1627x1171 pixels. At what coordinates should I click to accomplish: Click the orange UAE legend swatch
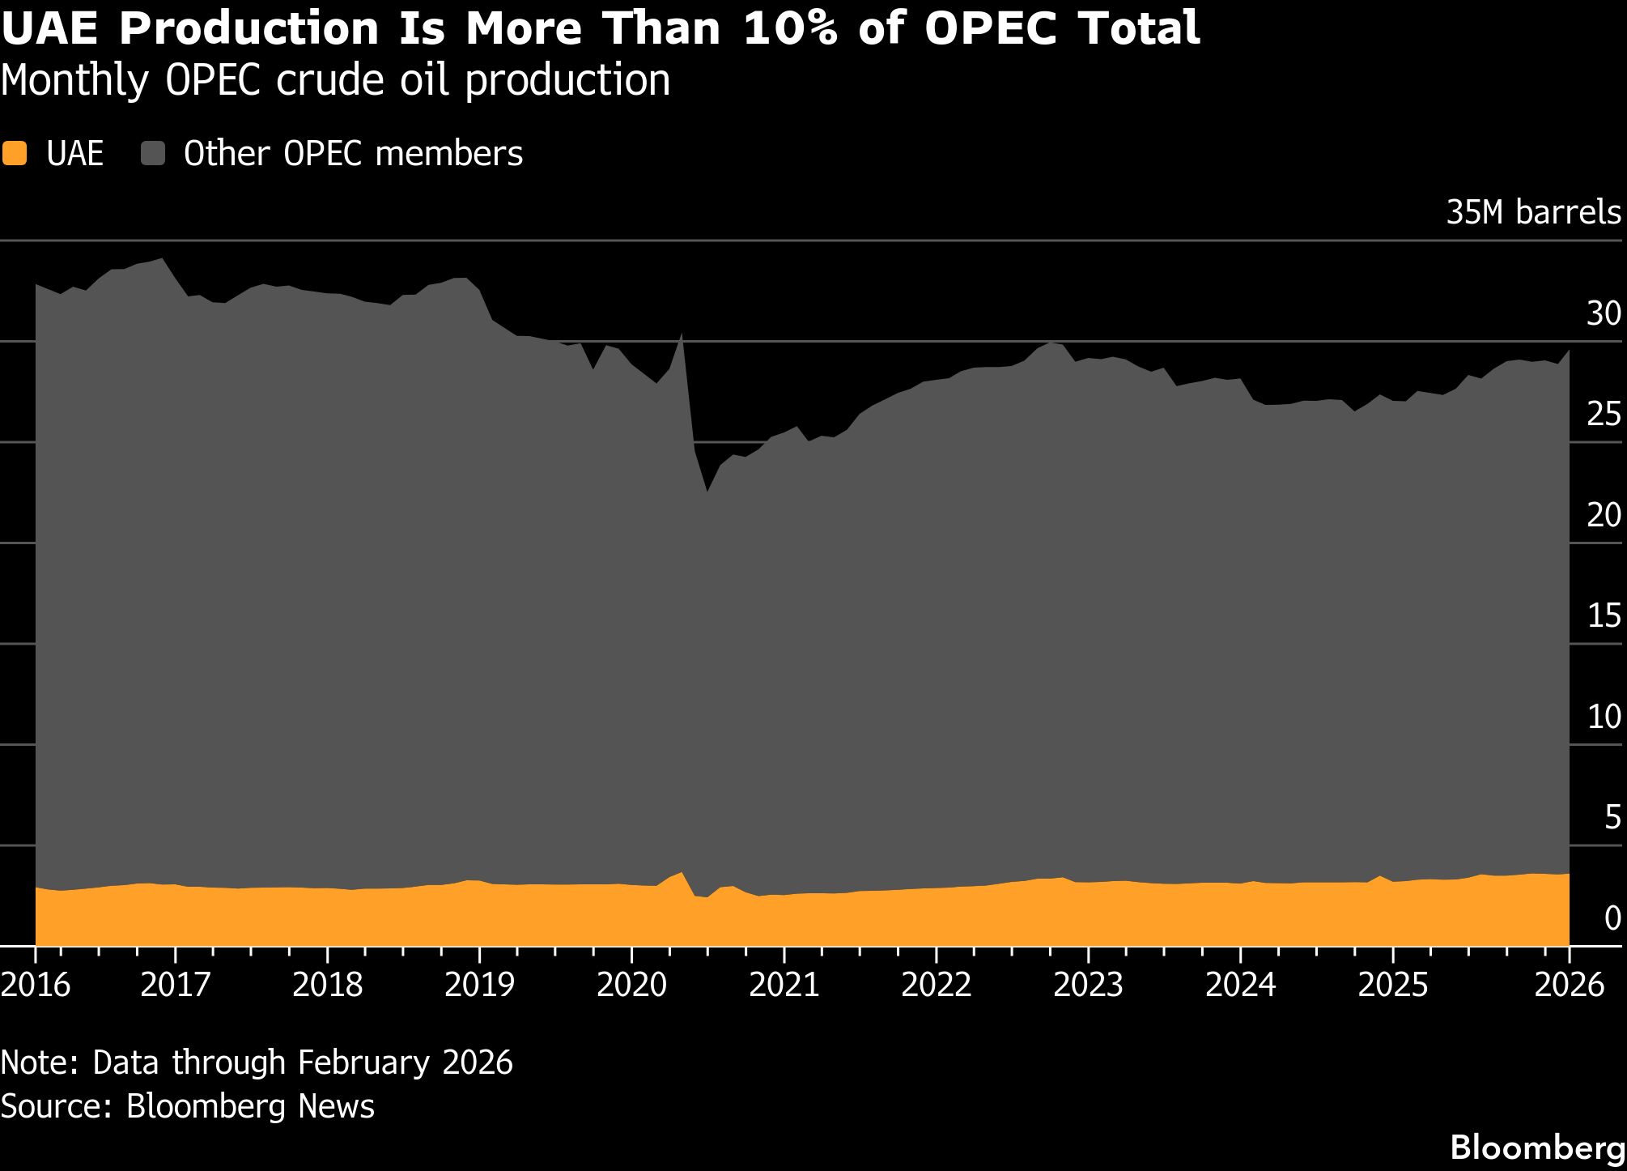click(15, 154)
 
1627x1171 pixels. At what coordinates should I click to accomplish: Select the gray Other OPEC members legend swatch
click(152, 154)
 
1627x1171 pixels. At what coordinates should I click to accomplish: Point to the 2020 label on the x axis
click(631, 985)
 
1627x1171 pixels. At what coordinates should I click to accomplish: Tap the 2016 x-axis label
click(36, 985)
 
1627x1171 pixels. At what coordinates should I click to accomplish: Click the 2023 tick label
click(1088, 985)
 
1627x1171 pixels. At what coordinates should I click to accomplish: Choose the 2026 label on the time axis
click(1570, 985)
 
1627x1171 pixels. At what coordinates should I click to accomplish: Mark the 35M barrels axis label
click(1533, 212)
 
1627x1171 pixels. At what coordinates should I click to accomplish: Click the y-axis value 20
click(1604, 515)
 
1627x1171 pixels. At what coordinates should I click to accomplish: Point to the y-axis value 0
click(1612, 918)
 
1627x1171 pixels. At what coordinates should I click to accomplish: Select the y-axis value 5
click(1612, 818)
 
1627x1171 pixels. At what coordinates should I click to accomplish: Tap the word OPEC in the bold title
click(991, 29)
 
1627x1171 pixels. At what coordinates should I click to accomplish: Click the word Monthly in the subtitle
click(74, 81)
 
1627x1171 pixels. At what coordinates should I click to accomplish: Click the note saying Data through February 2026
click(257, 1062)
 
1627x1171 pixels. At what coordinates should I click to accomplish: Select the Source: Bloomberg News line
click(188, 1106)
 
